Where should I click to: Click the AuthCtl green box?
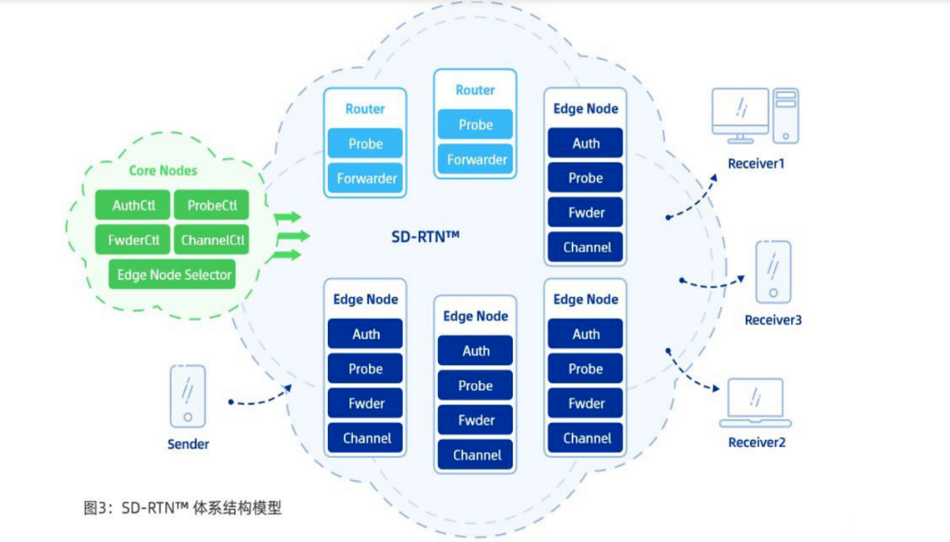click(x=133, y=205)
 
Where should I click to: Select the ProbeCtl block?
click(x=212, y=205)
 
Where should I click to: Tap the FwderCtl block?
click(x=133, y=240)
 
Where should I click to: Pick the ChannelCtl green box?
click(x=212, y=240)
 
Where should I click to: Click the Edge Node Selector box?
click(x=172, y=274)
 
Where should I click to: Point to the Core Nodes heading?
click(x=163, y=170)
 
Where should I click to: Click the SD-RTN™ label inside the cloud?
click(x=425, y=236)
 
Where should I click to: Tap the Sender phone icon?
click(x=187, y=396)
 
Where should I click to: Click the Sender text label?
click(x=188, y=444)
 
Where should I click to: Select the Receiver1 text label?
click(x=757, y=163)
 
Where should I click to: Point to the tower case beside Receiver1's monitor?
click(x=786, y=115)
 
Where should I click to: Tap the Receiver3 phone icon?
click(x=773, y=272)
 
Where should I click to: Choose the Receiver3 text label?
click(x=773, y=320)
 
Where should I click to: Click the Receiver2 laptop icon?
click(x=755, y=404)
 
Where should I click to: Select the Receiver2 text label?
click(x=757, y=442)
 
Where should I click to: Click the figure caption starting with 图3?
click(x=182, y=507)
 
